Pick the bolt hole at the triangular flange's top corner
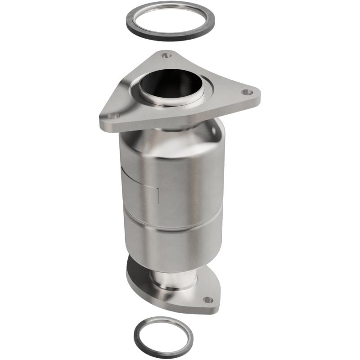click(x=167, y=56)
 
